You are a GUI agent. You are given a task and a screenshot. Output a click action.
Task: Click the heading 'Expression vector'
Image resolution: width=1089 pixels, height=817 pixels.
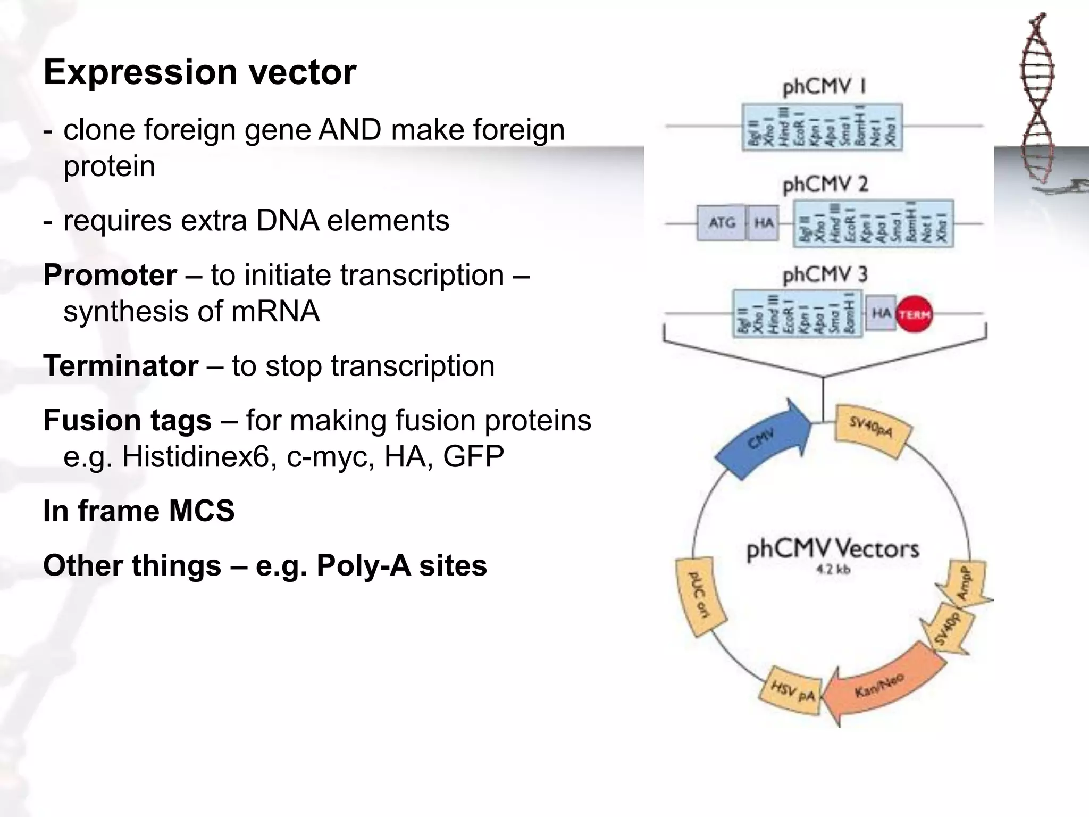click(x=199, y=72)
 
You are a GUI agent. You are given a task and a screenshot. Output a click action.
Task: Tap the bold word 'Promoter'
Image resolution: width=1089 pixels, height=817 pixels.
click(x=110, y=276)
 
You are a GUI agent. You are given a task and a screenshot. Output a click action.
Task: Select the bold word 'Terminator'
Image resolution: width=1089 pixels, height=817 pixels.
click(x=121, y=366)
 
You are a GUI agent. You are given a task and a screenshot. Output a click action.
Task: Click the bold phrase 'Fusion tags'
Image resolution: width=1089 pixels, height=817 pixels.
click(x=127, y=420)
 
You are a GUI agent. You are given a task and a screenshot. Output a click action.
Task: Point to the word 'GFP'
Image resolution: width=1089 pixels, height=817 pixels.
click(x=473, y=456)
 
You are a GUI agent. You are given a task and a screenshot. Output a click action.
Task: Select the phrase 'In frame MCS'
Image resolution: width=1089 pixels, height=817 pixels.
click(x=139, y=511)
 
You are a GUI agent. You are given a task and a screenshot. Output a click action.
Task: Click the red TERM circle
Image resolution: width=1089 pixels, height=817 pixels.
click(x=915, y=314)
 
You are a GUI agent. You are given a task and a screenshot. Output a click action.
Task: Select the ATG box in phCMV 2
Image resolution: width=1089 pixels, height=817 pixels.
click(x=721, y=223)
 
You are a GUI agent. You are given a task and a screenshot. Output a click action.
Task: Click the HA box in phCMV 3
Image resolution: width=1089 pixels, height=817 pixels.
click(x=881, y=313)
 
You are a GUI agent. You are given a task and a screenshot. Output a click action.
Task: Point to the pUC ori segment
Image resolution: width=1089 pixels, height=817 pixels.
click(x=699, y=596)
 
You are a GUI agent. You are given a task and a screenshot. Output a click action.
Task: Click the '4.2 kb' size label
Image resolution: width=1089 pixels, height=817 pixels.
click(x=833, y=570)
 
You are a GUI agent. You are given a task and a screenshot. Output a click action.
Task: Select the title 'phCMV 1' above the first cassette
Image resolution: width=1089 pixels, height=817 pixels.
click(x=825, y=86)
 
